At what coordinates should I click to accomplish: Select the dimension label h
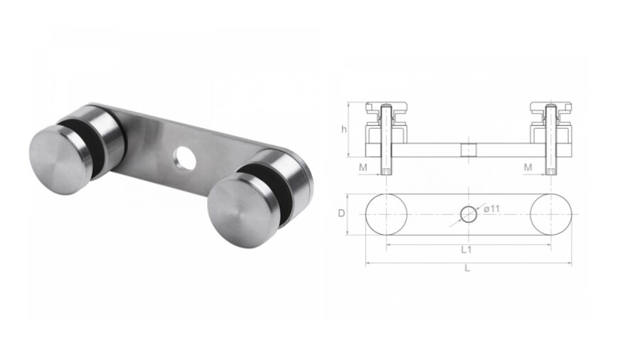tap(343, 129)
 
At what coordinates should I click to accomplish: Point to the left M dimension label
tap(363, 166)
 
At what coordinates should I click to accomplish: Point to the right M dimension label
tap(528, 166)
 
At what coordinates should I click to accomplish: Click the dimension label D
tap(341, 213)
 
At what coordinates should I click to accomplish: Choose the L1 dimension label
tap(466, 250)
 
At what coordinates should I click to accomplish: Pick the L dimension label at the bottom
tap(466, 269)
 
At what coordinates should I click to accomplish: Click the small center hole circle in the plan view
tap(468, 213)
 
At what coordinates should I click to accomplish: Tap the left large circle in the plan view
tap(387, 213)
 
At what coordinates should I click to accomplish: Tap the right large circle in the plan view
tap(550, 213)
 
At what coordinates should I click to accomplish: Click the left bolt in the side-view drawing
tap(386, 139)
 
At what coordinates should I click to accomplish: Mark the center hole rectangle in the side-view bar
tap(468, 150)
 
